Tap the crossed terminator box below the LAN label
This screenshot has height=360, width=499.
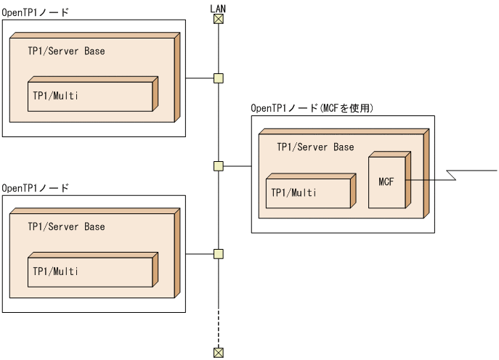(x=218, y=19)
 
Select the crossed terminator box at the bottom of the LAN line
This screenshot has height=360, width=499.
(x=218, y=353)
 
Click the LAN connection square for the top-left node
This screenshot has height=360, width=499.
(x=218, y=78)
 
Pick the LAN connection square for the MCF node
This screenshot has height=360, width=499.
(x=218, y=166)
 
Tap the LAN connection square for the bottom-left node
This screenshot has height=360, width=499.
(x=218, y=254)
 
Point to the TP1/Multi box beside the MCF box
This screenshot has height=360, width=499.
(x=308, y=193)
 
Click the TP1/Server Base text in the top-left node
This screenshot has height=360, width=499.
(x=66, y=52)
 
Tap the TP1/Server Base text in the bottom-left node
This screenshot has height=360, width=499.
(x=66, y=227)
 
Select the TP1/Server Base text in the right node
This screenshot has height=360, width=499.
(x=315, y=147)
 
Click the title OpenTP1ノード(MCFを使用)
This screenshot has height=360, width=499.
(x=312, y=108)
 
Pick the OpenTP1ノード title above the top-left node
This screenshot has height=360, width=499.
(x=36, y=13)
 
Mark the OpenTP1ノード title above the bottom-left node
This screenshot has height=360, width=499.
(x=36, y=188)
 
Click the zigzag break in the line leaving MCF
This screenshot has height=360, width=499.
(x=452, y=175)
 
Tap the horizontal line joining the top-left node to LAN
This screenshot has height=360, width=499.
(x=200, y=78)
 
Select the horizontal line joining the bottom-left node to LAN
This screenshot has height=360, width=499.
(x=200, y=254)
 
